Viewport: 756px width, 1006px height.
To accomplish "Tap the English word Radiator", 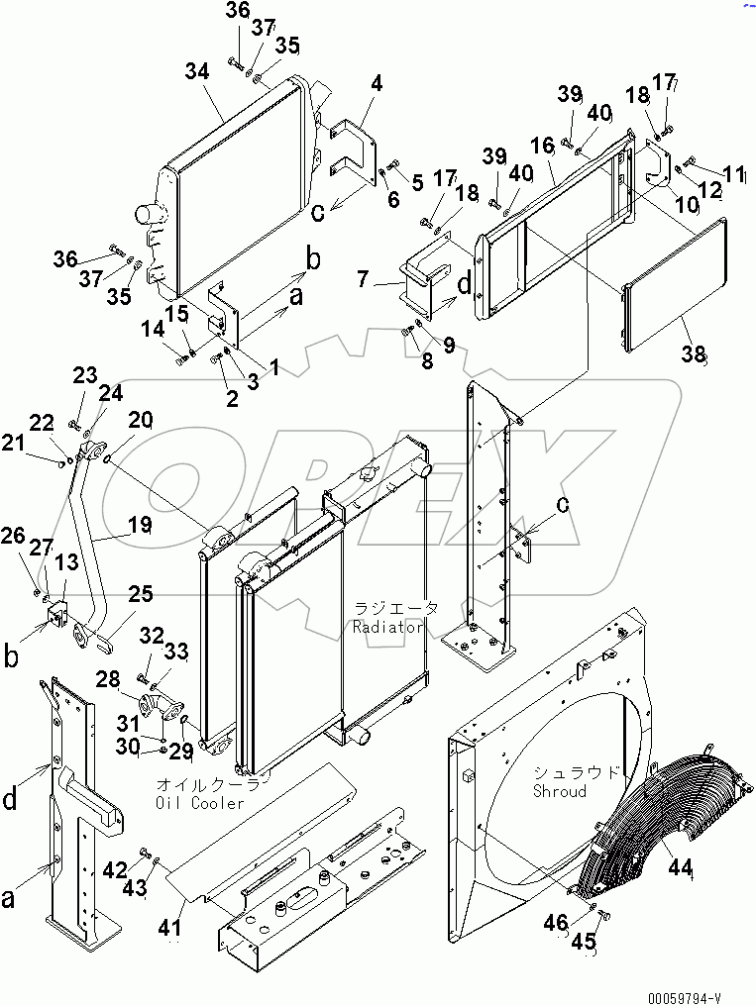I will click(x=389, y=627).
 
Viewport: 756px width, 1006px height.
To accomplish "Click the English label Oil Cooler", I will click(x=199, y=802).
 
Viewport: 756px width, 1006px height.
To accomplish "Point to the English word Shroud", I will click(x=559, y=791).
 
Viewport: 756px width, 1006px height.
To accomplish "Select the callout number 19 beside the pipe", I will click(x=139, y=524).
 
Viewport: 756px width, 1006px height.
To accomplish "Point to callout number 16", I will click(x=541, y=146).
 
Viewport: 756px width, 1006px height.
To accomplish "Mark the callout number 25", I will click(x=140, y=594).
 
